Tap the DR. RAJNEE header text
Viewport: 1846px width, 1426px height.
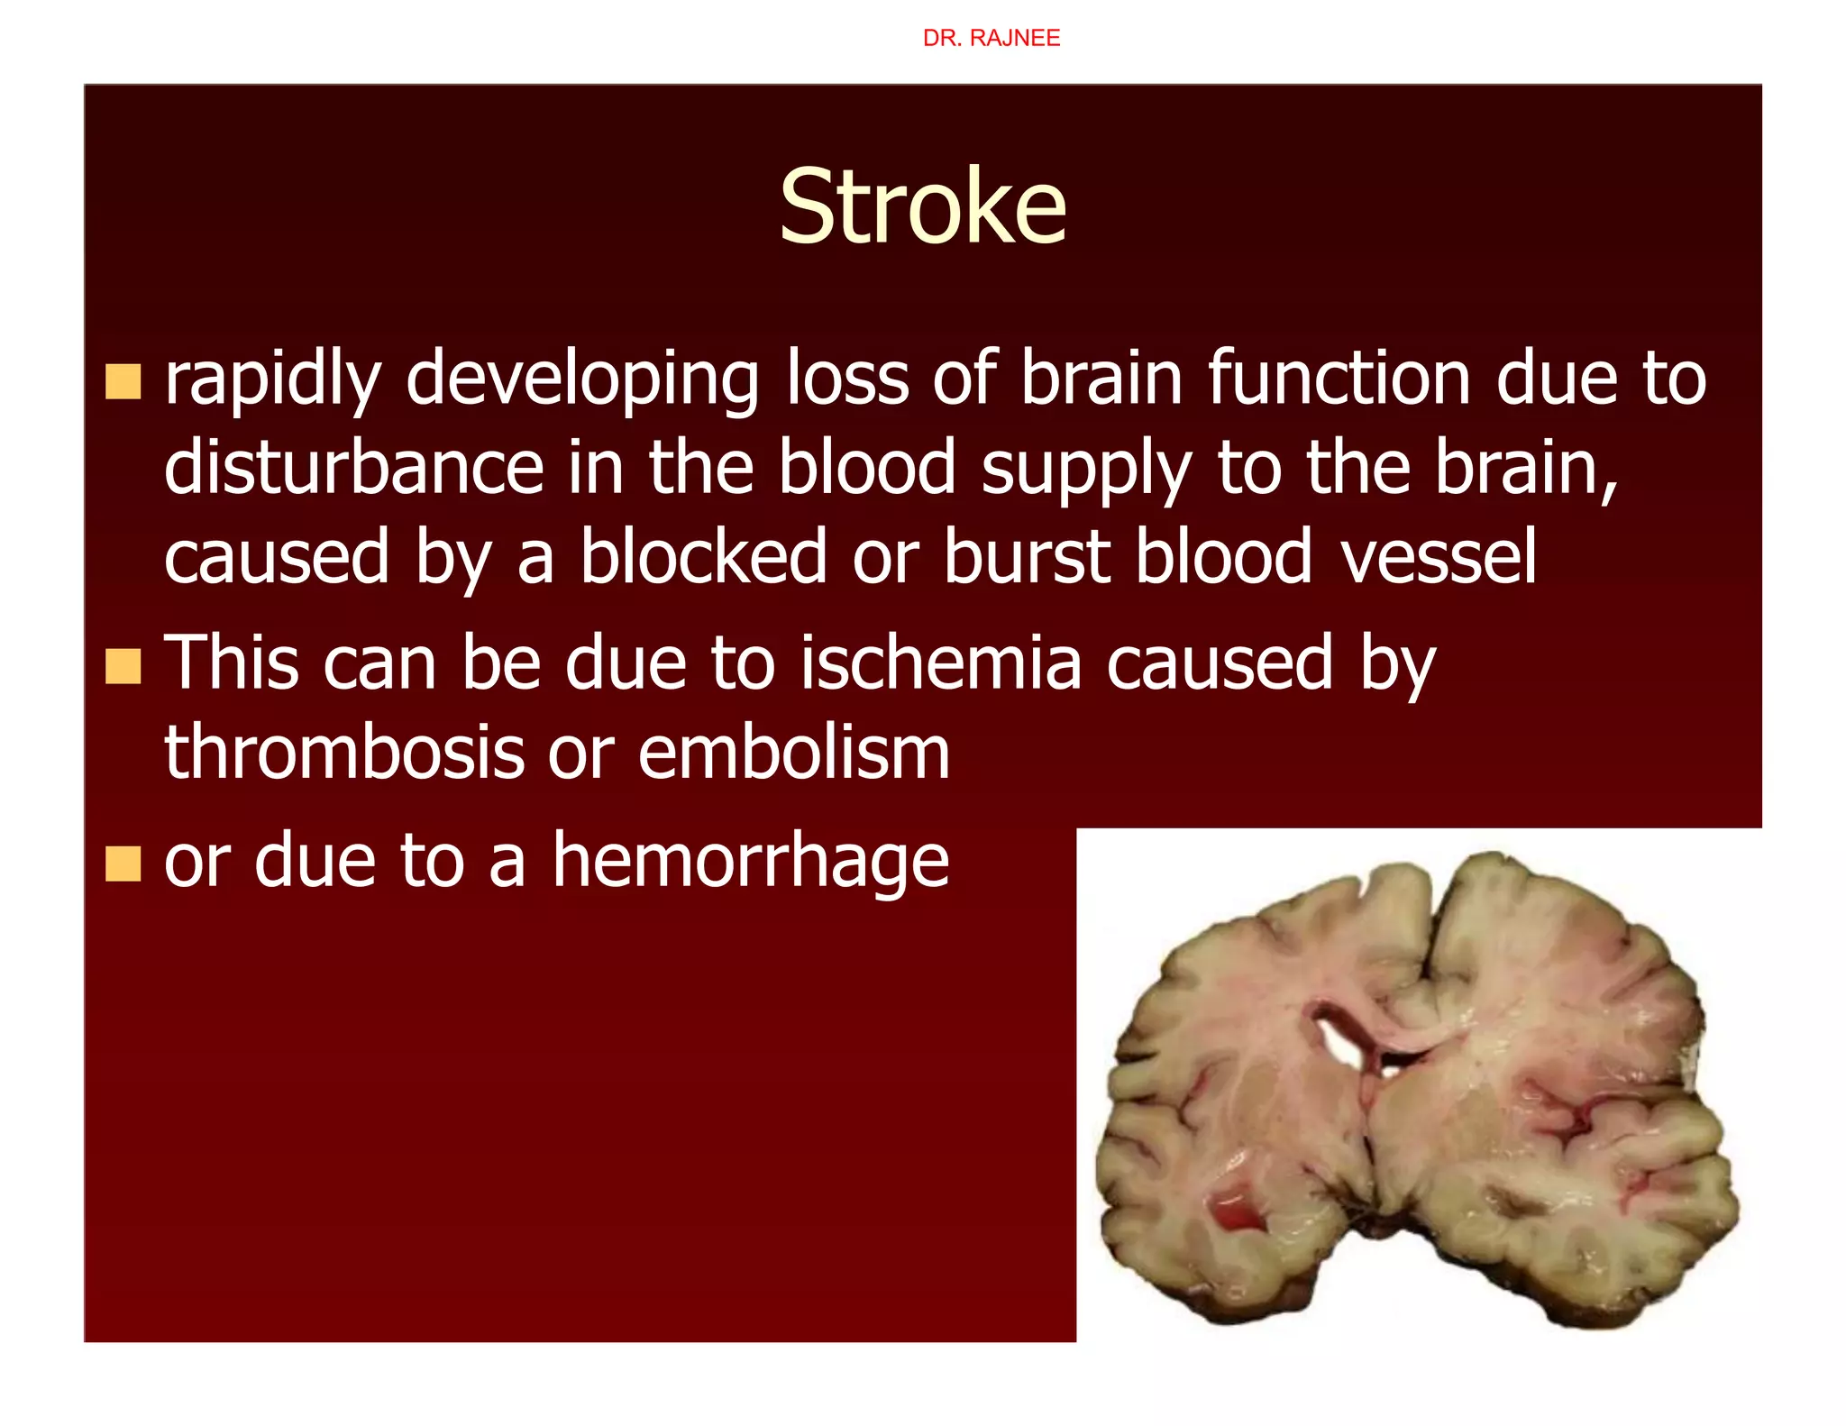(x=991, y=38)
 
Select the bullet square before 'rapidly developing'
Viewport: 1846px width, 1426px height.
(x=123, y=381)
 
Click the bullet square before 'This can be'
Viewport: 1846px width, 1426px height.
(x=123, y=667)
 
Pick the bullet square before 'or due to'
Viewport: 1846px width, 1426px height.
(x=123, y=864)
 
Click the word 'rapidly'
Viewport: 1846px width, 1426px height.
(x=273, y=379)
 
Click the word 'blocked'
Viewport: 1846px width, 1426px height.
(x=703, y=557)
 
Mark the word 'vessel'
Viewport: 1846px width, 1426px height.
(x=1438, y=557)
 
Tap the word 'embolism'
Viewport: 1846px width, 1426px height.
(x=794, y=752)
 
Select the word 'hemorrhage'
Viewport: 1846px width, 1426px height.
(x=750, y=862)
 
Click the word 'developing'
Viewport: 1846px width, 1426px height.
(x=583, y=379)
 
